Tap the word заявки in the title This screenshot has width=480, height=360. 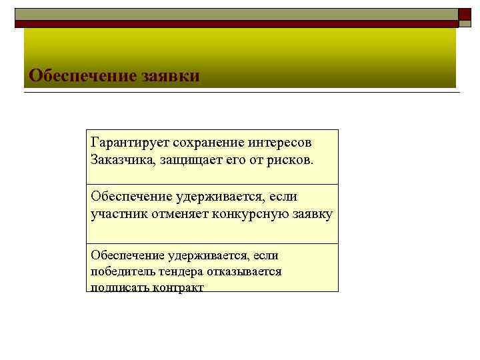click(170, 75)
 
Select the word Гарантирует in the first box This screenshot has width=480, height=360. click(129, 144)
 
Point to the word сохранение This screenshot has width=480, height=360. click(208, 144)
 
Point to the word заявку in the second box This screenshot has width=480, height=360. click(311, 214)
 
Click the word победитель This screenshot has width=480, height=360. click(123, 272)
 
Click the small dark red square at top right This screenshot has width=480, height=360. click(465, 15)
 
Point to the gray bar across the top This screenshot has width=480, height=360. click(233, 13)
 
